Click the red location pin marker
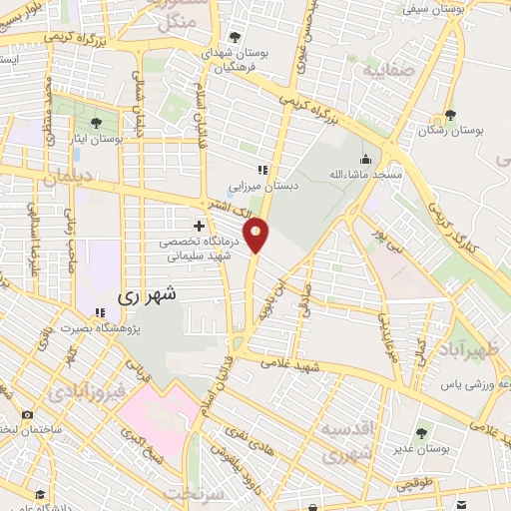click(x=257, y=235)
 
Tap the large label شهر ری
click(x=146, y=295)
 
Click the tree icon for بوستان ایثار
click(x=96, y=123)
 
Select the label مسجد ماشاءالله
click(x=366, y=175)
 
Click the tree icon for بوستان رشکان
click(x=451, y=115)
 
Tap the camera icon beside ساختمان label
click(x=26, y=413)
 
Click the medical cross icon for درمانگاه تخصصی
click(x=200, y=226)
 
